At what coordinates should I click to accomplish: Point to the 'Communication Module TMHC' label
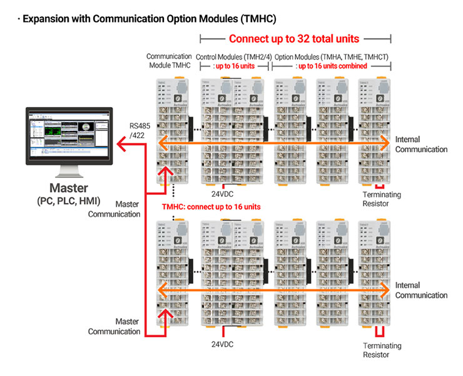[x=168, y=61]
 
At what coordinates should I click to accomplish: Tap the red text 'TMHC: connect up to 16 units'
[x=211, y=207]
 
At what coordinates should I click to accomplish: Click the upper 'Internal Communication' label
[x=421, y=144]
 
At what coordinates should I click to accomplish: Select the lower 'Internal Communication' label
[x=421, y=290]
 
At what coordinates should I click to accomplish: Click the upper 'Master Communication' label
[x=114, y=209]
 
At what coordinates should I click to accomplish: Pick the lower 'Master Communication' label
[x=114, y=326]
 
